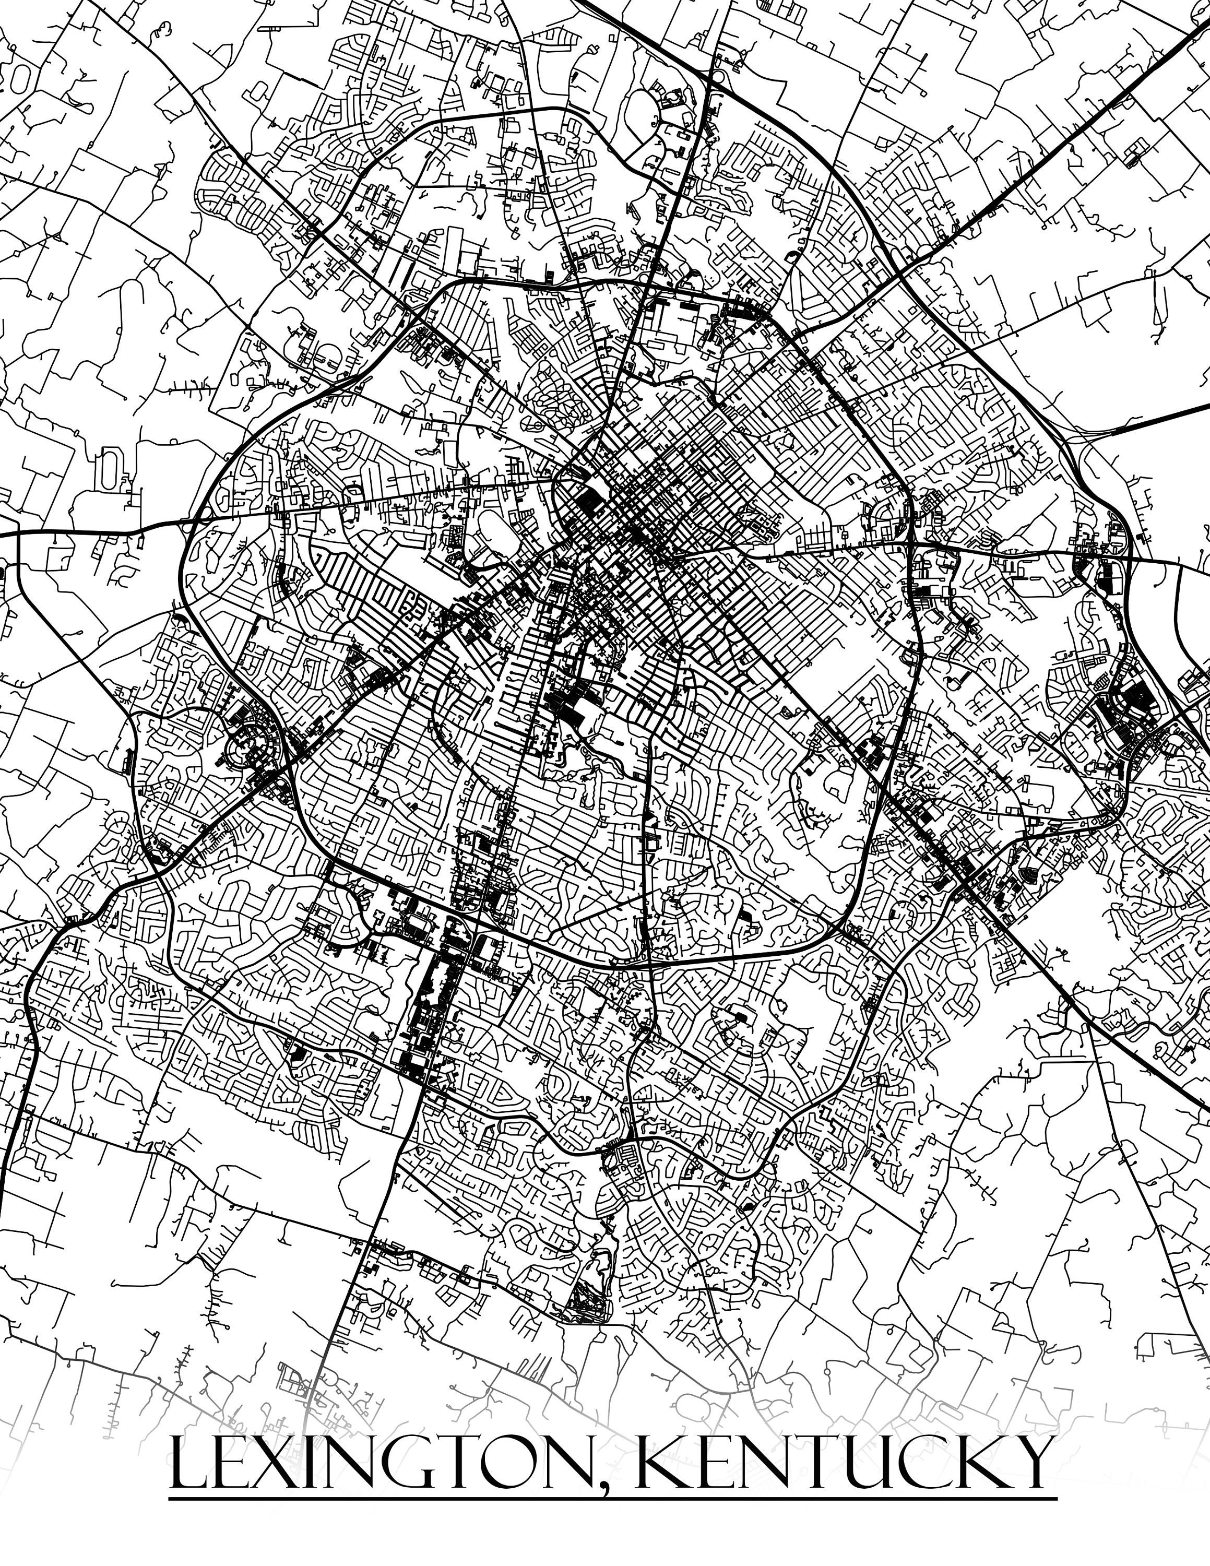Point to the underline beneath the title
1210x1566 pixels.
(x=613, y=1498)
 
